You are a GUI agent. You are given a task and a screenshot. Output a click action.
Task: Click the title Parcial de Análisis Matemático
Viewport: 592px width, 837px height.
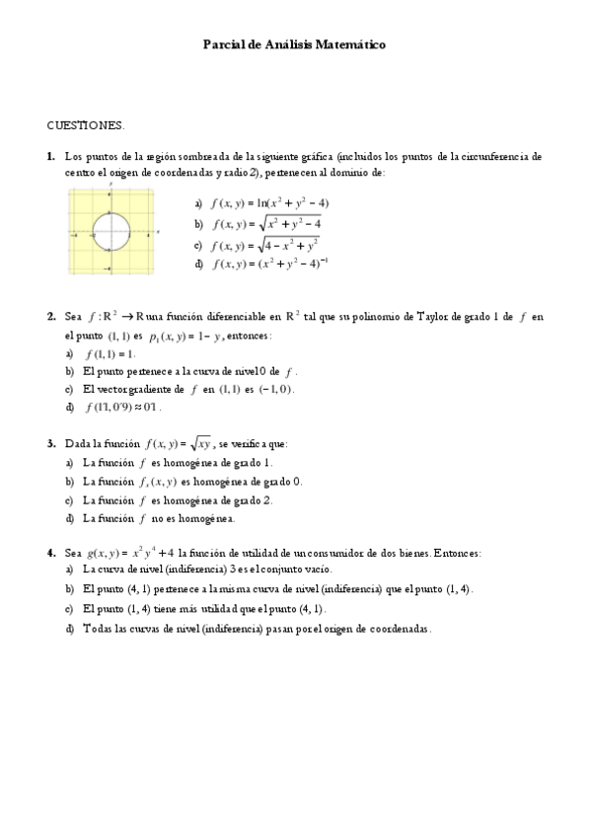294,44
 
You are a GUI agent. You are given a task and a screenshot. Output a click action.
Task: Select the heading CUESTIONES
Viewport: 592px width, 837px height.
86,126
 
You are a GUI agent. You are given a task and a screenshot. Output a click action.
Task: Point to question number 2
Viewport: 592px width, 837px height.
50,317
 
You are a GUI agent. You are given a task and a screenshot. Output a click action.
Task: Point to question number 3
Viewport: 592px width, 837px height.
50,444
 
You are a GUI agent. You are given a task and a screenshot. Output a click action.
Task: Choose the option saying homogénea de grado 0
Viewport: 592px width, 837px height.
192,481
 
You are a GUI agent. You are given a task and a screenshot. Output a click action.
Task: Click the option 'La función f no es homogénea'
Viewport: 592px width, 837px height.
159,517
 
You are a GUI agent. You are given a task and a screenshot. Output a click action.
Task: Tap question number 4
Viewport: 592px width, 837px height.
50,552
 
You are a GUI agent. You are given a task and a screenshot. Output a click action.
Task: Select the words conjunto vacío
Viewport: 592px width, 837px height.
302,570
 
